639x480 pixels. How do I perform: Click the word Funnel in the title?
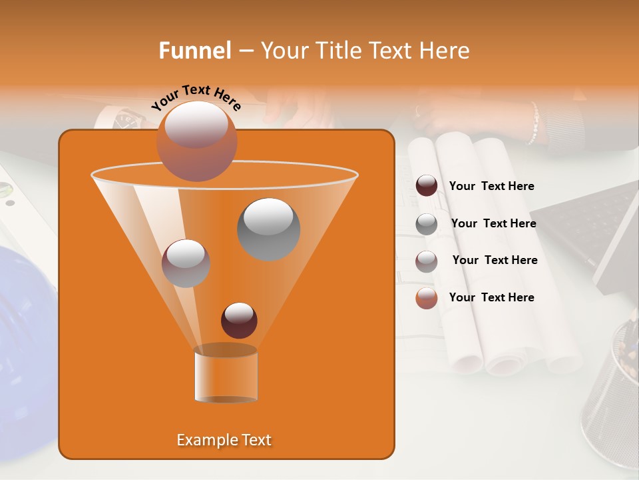[x=195, y=51]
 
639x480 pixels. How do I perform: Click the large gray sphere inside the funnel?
[x=268, y=229]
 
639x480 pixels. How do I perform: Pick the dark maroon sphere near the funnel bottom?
[x=239, y=320]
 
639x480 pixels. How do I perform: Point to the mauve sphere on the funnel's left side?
[x=186, y=263]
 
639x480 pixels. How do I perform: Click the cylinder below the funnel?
[x=226, y=375]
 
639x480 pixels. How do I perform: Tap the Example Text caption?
[x=224, y=440]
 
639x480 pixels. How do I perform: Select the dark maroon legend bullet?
[x=427, y=186]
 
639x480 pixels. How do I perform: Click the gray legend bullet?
[x=427, y=224]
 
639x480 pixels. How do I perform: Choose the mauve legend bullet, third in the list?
[x=427, y=261]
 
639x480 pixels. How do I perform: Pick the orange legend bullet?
[x=427, y=298]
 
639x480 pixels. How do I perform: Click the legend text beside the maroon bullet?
[x=491, y=186]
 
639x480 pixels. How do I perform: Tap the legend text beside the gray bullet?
[x=493, y=223]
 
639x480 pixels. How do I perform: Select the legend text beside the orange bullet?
[x=491, y=297]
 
